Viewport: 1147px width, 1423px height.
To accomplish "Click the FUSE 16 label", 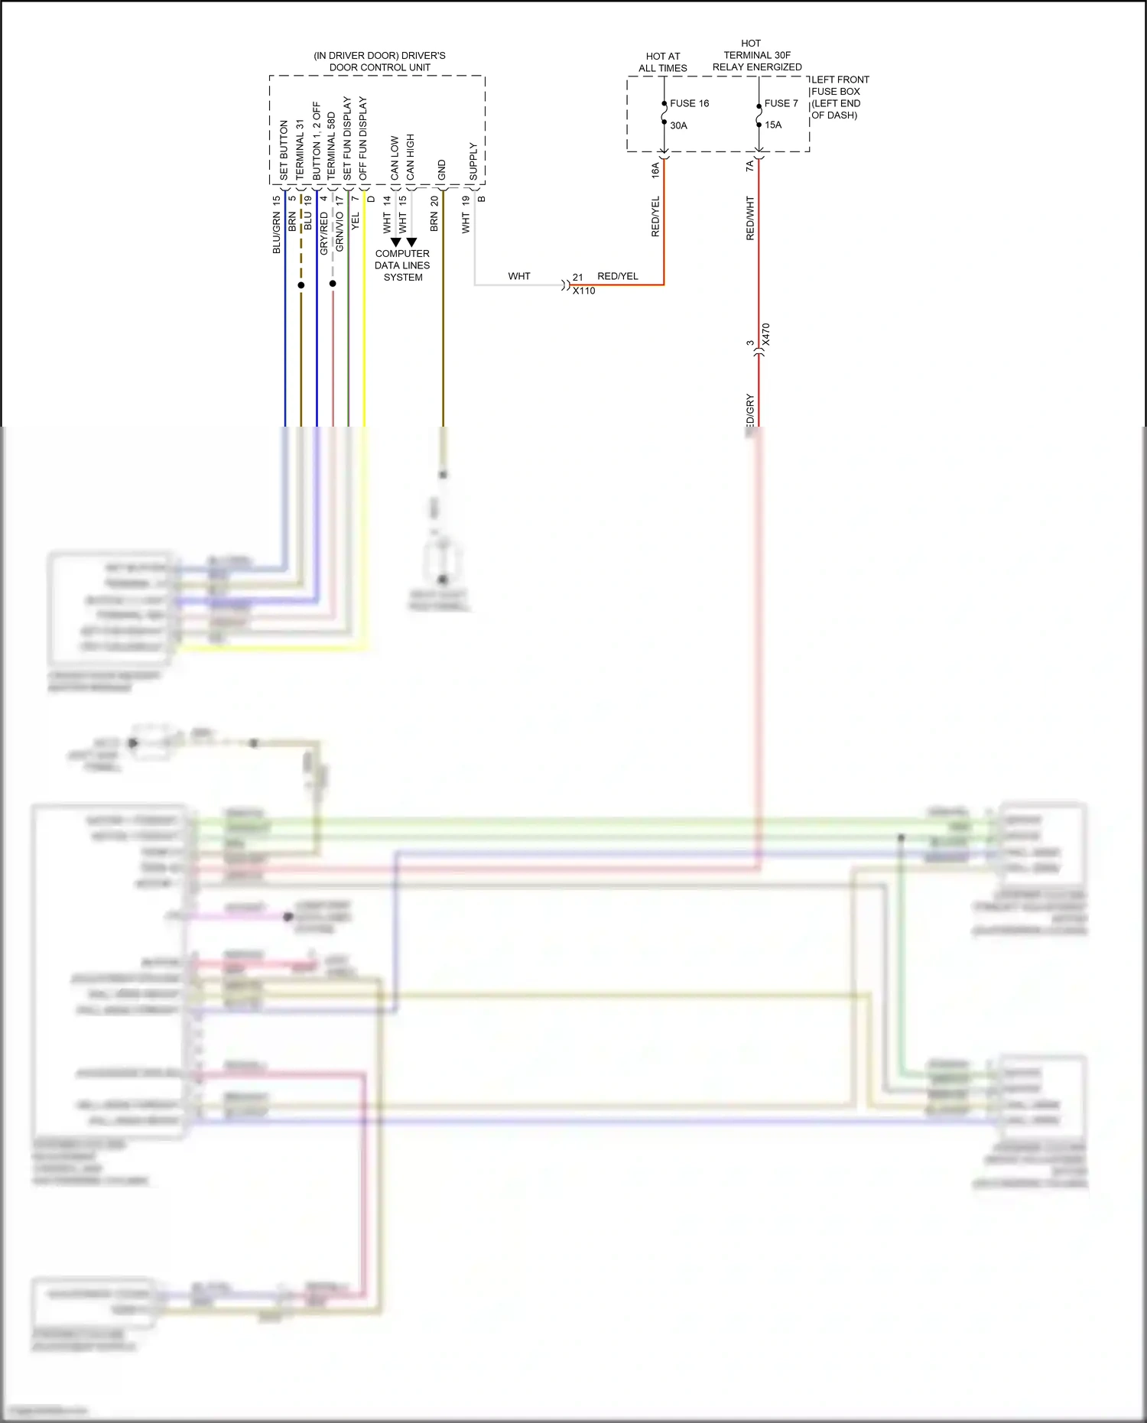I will (x=689, y=103).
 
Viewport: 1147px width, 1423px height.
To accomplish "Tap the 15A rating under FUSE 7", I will (x=773, y=125).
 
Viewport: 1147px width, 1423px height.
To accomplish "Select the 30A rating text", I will (x=678, y=125).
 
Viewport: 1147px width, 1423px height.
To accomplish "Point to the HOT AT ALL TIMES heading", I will (x=663, y=62).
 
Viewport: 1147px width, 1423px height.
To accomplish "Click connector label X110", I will (x=584, y=291).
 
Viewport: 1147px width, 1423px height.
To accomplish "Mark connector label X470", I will (x=766, y=335).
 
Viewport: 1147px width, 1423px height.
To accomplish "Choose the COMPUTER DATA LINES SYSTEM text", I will (x=402, y=265).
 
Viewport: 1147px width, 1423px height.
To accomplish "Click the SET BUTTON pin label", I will (x=284, y=150).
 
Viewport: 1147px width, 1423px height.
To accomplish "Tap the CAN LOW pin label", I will (x=395, y=158).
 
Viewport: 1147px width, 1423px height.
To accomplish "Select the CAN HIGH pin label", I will (x=411, y=157).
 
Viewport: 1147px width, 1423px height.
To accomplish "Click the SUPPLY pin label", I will (x=473, y=161).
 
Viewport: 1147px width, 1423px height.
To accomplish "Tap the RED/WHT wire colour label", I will (x=750, y=218).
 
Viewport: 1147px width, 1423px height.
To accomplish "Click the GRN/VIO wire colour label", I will (x=340, y=232).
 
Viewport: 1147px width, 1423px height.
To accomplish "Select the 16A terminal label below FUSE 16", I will (x=655, y=170).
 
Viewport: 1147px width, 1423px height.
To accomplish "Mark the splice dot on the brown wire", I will (x=301, y=285).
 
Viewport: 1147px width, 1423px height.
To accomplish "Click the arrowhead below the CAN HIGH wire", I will (x=411, y=242).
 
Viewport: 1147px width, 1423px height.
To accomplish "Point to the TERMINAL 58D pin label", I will (x=331, y=146).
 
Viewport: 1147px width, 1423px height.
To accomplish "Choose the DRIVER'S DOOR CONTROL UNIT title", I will (x=379, y=61).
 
